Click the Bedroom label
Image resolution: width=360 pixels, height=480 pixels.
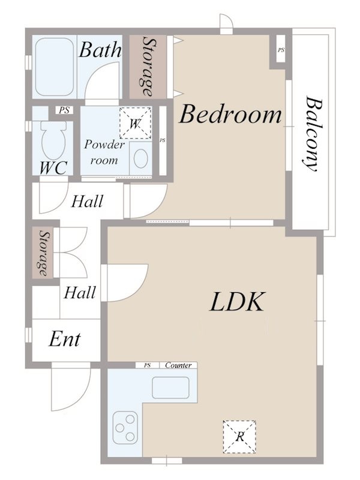(x=230, y=114)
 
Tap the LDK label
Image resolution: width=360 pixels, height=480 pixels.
(x=237, y=302)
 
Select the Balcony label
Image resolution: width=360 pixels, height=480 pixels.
(x=311, y=134)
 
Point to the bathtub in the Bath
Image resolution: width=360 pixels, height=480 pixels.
(x=54, y=67)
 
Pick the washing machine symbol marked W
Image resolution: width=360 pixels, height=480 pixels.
(x=136, y=123)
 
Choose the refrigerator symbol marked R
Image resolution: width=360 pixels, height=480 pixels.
(x=239, y=437)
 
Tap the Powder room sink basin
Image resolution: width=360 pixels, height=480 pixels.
(x=141, y=158)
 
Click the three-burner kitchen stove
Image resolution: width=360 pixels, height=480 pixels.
(x=125, y=428)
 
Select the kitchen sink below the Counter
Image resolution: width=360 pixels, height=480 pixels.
(x=170, y=388)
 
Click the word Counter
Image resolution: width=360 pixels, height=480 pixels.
(x=178, y=365)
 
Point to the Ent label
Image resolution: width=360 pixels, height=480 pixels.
(x=65, y=339)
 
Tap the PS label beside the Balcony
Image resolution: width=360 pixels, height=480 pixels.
(x=281, y=50)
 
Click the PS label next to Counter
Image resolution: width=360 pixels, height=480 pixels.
(x=148, y=365)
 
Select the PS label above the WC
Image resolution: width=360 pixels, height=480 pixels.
(x=64, y=110)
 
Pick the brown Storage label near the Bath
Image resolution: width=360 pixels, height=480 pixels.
(x=148, y=67)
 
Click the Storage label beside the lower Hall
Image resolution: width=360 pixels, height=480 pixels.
(x=44, y=254)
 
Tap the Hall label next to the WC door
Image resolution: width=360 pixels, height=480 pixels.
(x=87, y=202)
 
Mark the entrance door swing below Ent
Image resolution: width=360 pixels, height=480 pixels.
(x=71, y=386)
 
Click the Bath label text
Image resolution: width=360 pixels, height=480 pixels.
(x=100, y=50)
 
